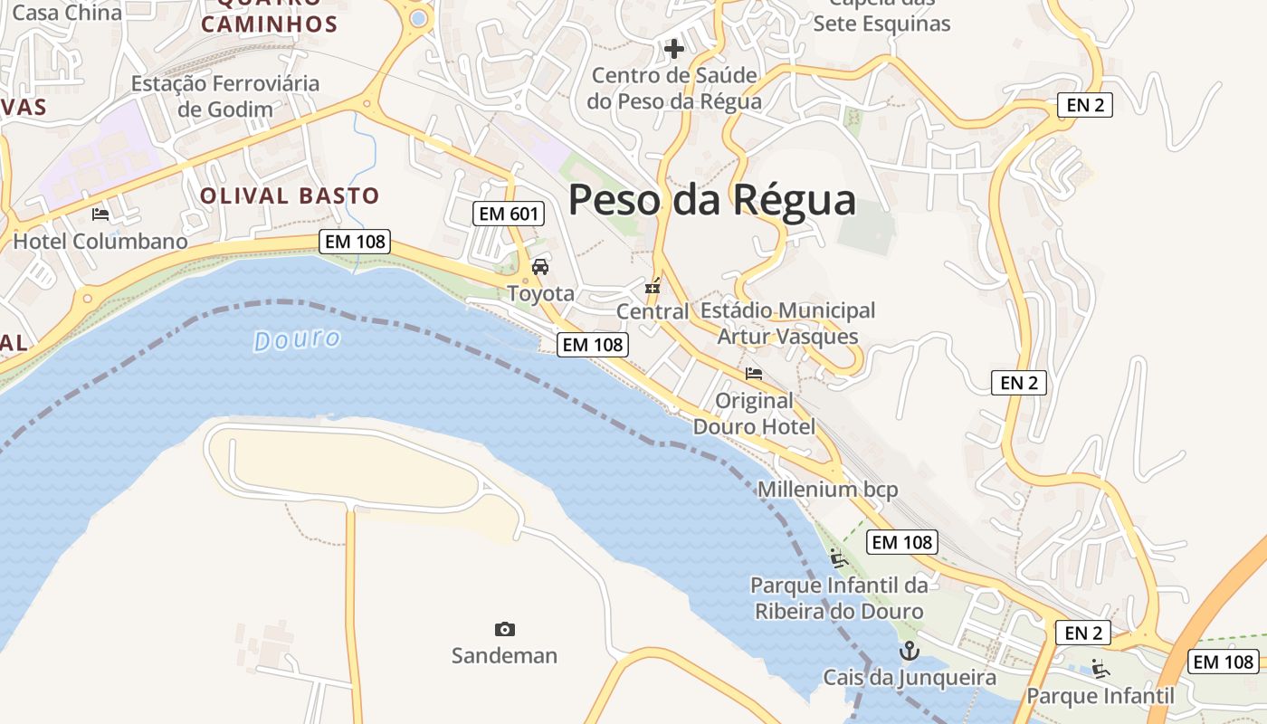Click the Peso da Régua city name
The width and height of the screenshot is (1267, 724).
click(711, 200)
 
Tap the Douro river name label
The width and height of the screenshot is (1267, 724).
click(297, 340)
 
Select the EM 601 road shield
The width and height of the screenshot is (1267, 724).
click(509, 214)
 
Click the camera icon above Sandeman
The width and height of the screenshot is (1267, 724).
click(505, 629)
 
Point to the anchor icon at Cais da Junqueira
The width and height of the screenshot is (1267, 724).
click(908, 651)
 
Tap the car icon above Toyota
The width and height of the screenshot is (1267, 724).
click(540, 267)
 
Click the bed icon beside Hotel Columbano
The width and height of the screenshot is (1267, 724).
click(100, 214)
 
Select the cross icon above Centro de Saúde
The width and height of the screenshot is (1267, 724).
click(674, 48)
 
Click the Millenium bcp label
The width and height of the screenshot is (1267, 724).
click(827, 490)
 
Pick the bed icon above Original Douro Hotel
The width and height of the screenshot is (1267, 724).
click(754, 373)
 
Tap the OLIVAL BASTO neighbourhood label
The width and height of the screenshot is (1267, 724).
click(290, 195)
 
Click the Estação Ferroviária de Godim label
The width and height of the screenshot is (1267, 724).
click(225, 96)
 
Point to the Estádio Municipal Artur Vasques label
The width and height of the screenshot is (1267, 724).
click(787, 323)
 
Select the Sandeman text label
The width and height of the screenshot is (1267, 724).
click(504, 655)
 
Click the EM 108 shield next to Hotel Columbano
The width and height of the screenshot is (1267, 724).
click(355, 242)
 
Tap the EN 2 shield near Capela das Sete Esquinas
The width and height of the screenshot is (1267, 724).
click(1084, 105)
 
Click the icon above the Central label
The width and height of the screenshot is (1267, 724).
click(653, 287)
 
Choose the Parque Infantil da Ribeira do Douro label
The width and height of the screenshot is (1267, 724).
click(839, 598)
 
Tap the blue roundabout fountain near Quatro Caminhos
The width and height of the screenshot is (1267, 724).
click(418, 18)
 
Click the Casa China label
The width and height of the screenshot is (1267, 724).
click(67, 13)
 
